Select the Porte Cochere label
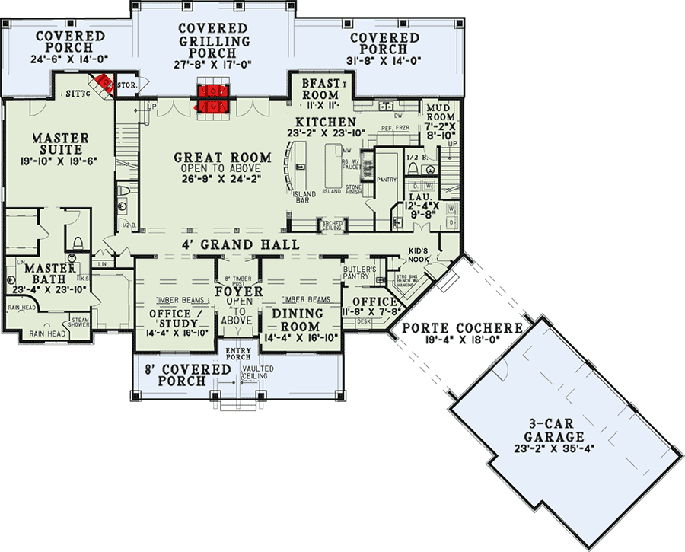tap(462, 328)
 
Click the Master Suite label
tap(60, 145)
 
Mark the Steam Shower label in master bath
tap(81, 323)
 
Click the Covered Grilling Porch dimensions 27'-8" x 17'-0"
tap(214, 65)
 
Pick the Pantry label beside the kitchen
tap(387, 180)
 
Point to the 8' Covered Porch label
tap(188, 375)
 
